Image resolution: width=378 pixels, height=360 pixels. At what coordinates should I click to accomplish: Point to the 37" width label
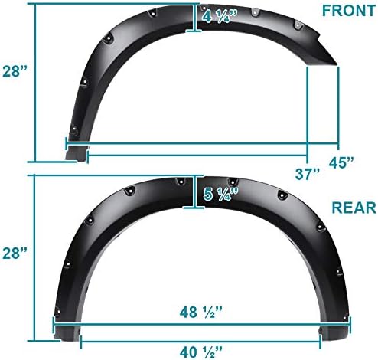(x=308, y=174)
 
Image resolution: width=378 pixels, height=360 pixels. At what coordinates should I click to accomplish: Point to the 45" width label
(x=342, y=162)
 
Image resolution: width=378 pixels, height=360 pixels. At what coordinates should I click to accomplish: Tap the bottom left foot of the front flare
(x=73, y=159)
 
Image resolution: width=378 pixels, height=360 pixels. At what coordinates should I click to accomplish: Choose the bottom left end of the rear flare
(x=64, y=335)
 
